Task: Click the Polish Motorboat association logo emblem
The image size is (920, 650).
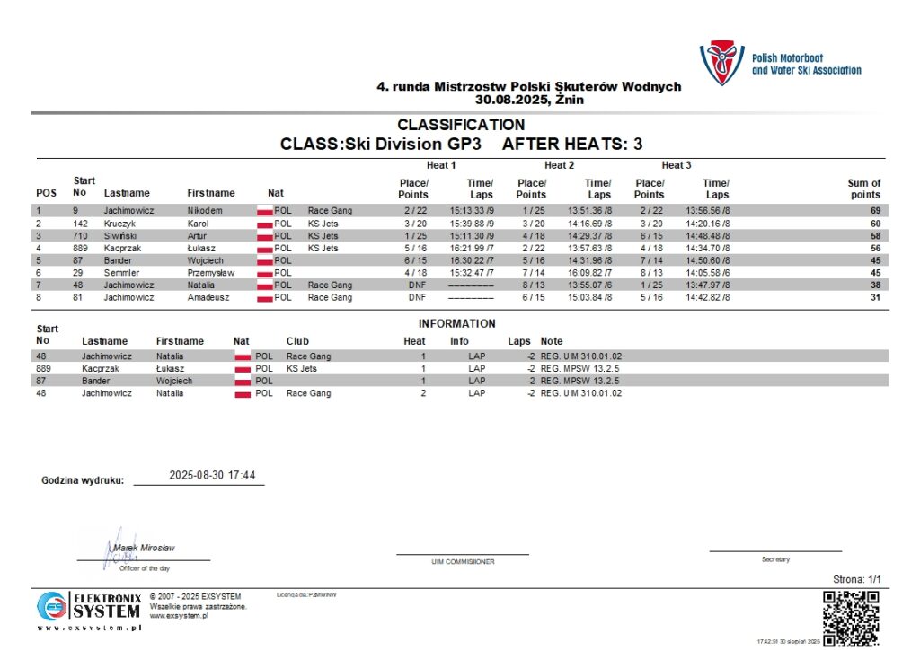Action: point(721,62)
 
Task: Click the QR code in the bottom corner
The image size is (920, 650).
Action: point(851,619)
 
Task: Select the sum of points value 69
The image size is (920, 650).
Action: point(874,210)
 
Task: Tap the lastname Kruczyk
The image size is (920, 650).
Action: point(121,223)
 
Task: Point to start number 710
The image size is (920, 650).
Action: point(80,235)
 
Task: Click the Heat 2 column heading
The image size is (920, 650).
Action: point(559,165)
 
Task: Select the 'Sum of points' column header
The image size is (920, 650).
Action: point(863,189)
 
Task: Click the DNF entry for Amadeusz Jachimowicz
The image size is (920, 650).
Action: point(417,297)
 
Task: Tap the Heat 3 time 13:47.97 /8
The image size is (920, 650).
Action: point(708,285)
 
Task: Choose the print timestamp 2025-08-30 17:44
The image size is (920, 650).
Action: point(212,476)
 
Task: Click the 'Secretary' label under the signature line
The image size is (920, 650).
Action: point(775,559)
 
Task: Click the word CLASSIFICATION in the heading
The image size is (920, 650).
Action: point(461,125)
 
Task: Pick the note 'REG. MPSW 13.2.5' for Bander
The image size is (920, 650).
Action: point(580,381)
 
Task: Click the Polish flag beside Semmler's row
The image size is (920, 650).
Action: point(264,273)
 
